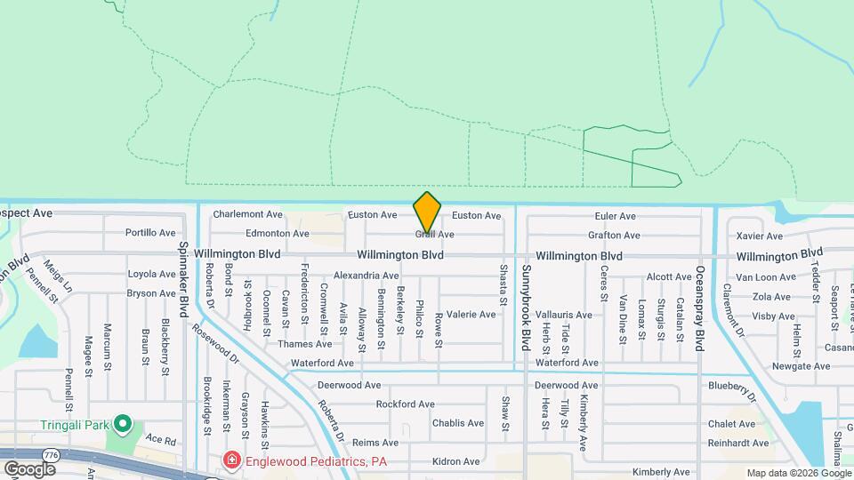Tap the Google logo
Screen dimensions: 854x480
tap(29, 469)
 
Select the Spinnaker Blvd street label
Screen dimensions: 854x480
tap(184, 280)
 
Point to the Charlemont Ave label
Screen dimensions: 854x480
tap(247, 214)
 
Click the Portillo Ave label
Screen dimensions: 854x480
tap(151, 233)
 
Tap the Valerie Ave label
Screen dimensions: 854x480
tap(471, 315)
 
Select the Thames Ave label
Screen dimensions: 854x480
tap(304, 344)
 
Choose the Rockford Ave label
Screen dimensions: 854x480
tap(405, 404)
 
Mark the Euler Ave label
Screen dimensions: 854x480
tap(616, 216)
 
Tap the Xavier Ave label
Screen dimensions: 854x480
tap(760, 236)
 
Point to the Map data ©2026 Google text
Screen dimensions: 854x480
tap(797, 473)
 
